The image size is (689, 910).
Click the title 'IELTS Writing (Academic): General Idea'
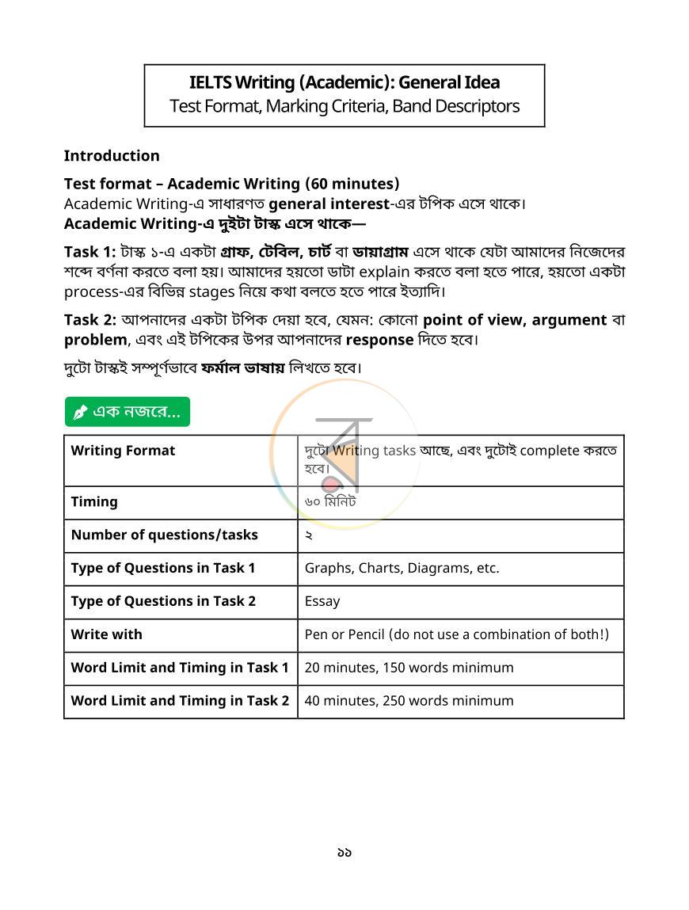tap(344, 82)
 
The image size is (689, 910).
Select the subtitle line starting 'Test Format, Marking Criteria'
tap(344, 106)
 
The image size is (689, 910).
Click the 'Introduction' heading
tap(112, 155)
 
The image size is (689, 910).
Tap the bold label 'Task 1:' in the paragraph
tap(89, 252)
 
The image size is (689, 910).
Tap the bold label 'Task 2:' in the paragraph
tap(89, 320)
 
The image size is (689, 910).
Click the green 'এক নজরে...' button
tap(128, 412)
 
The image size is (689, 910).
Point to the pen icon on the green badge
tap(80, 413)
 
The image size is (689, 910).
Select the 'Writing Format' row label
tap(123, 451)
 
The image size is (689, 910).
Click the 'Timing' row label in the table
tap(94, 501)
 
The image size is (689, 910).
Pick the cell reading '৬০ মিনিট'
tap(330, 501)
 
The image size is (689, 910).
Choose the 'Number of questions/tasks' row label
tap(164, 535)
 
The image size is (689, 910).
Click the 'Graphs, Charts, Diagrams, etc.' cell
tap(402, 568)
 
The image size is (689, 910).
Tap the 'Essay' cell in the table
tap(322, 601)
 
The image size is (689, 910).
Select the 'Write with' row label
tap(107, 634)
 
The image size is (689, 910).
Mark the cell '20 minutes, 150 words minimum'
tap(409, 668)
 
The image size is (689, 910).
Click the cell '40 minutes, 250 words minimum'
tap(409, 701)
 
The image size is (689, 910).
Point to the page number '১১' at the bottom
tap(344, 852)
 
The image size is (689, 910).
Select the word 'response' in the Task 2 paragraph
tap(379, 340)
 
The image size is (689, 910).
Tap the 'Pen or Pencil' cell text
tap(456, 634)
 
